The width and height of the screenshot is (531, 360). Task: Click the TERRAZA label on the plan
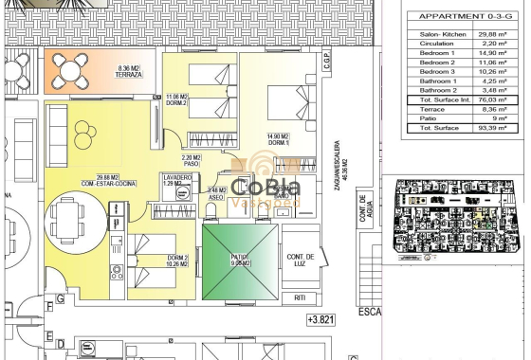129,74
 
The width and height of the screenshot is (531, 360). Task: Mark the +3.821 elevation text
322,321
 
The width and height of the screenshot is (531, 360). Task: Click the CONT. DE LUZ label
302,261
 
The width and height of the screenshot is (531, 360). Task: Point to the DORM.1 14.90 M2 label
278,139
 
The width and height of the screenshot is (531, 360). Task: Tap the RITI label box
300,297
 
